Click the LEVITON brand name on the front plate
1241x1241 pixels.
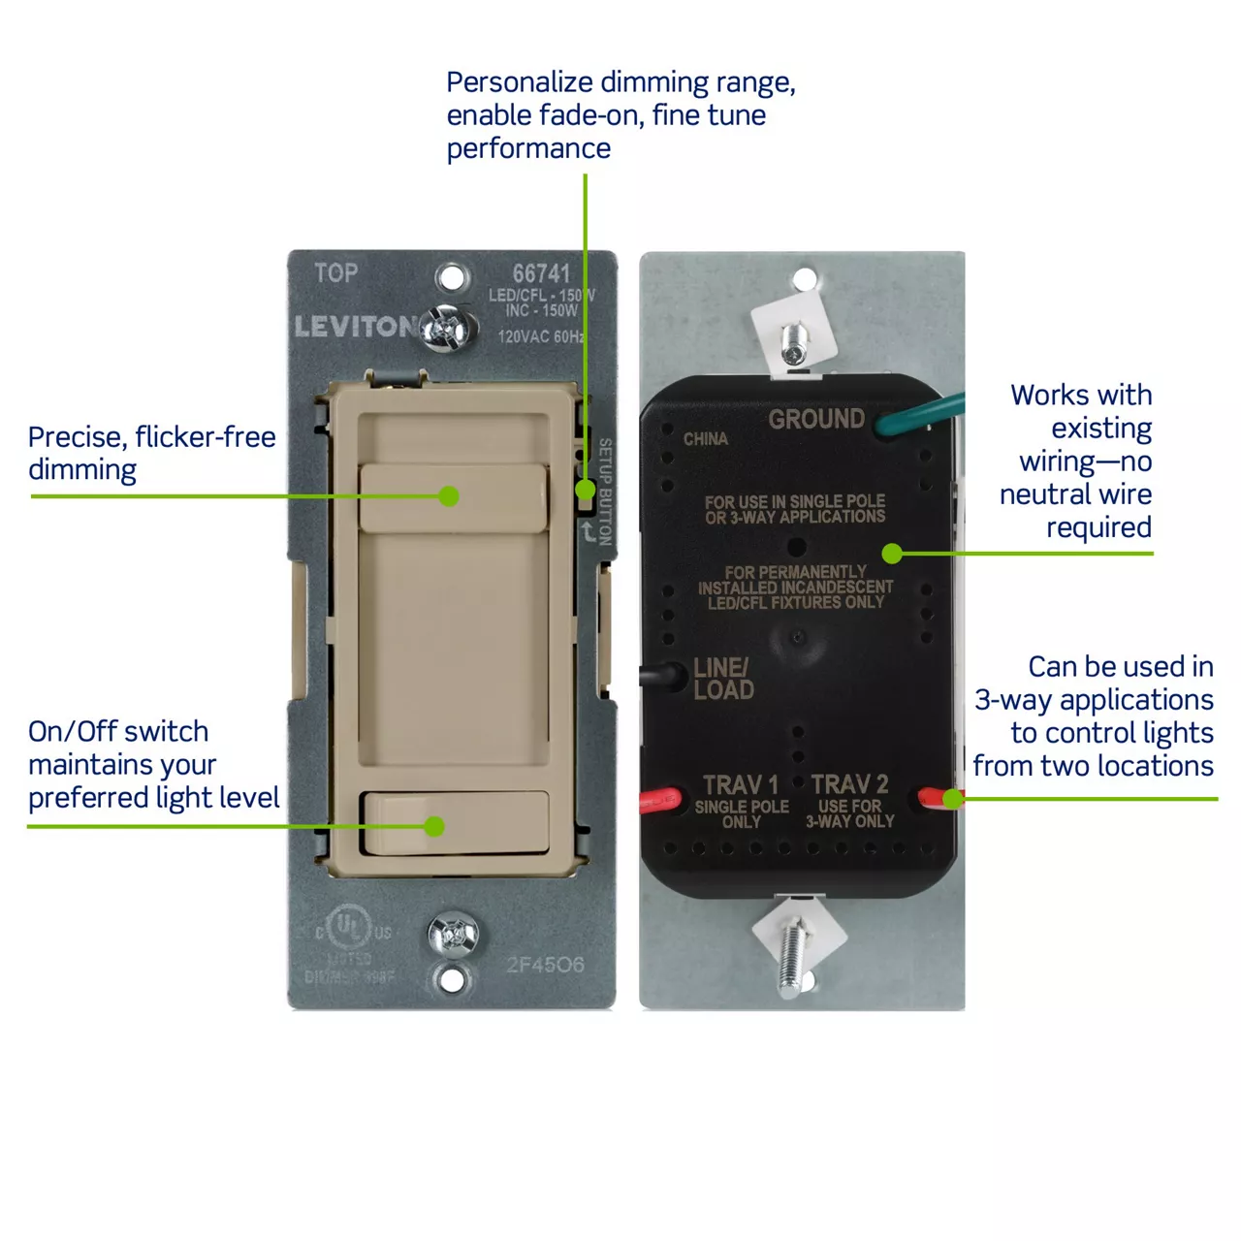click(355, 327)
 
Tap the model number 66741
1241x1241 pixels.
click(541, 274)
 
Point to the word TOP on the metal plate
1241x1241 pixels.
click(335, 273)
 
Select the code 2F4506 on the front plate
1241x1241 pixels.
click(545, 965)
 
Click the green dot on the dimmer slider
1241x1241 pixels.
click(448, 496)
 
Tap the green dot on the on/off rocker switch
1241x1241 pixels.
click(434, 826)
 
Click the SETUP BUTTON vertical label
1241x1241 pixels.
click(605, 491)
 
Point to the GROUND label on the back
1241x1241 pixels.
click(816, 419)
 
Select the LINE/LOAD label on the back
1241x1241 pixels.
click(723, 679)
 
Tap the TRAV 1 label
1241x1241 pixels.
click(741, 784)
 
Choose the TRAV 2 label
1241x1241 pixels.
click(849, 784)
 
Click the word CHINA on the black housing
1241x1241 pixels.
click(705, 439)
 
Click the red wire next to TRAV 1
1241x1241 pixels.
click(659, 801)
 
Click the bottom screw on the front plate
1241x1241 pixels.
click(453, 936)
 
